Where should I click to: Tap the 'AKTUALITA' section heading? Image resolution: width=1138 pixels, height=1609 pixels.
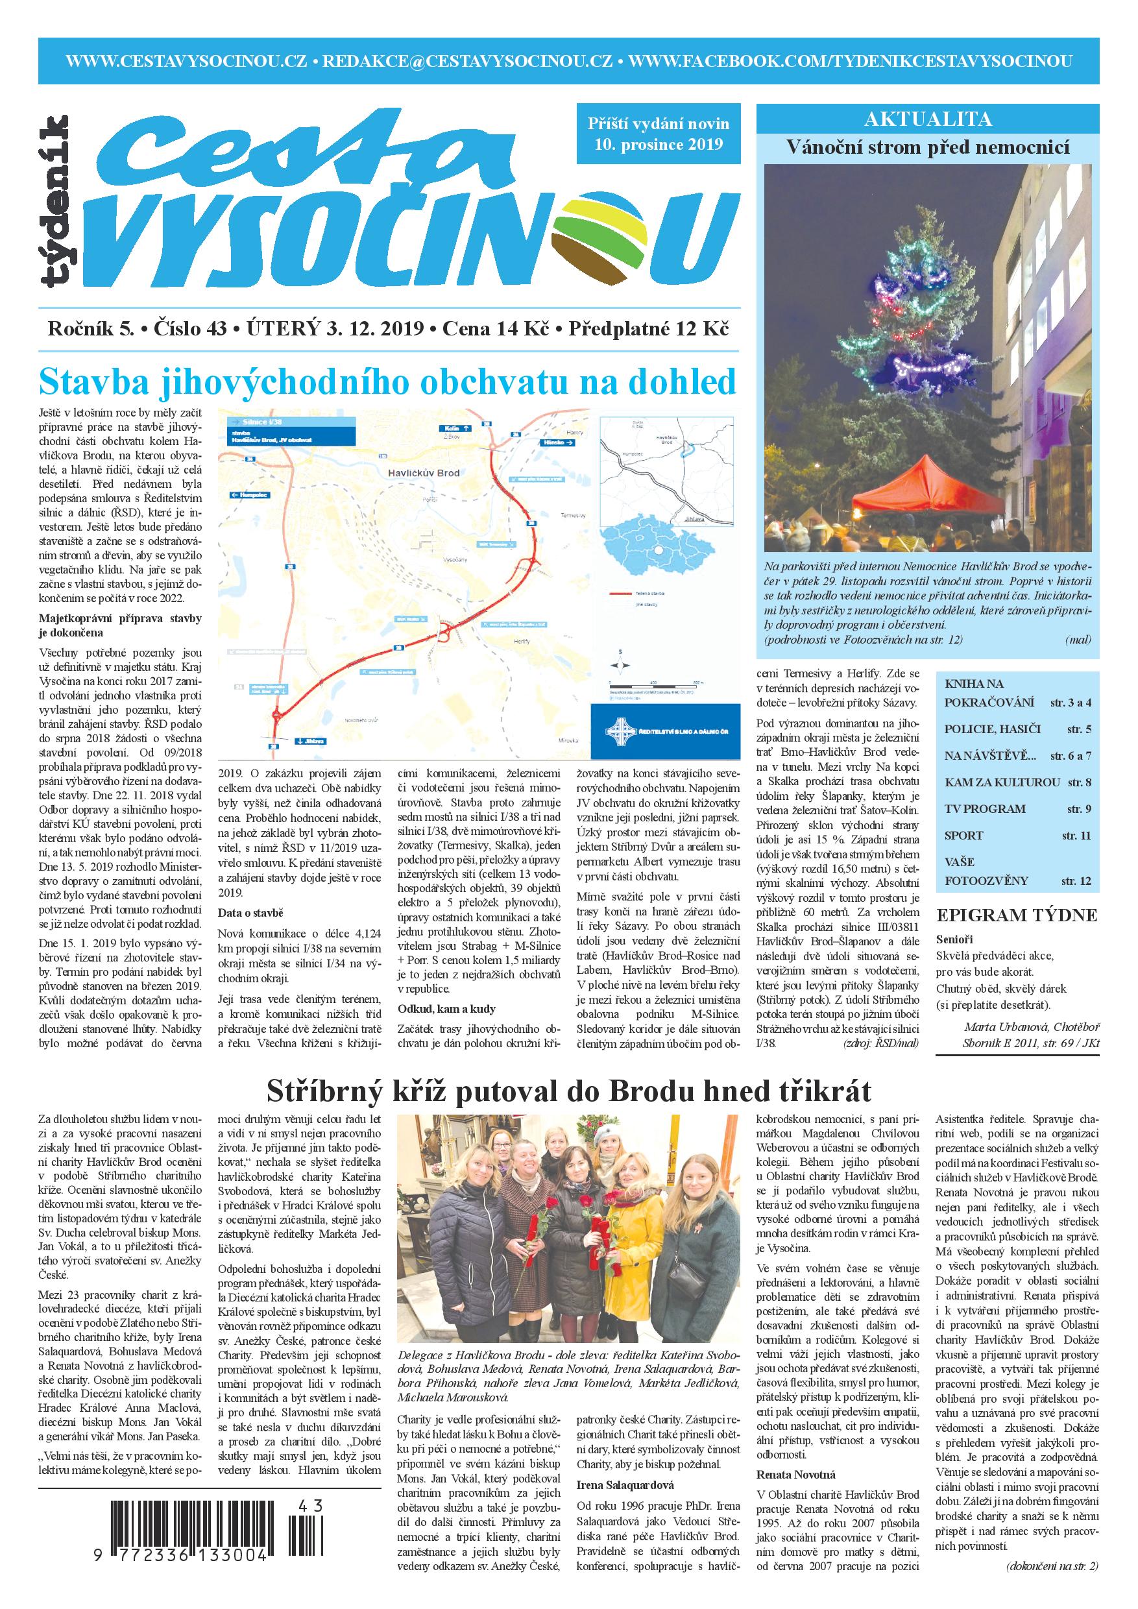(x=928, y=119)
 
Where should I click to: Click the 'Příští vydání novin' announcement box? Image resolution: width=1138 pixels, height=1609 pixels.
(x=658, y=134)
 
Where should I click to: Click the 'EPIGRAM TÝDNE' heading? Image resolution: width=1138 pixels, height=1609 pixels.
(x=1016, y=915)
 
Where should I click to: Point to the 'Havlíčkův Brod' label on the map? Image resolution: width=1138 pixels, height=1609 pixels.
(x=419, y=472)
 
